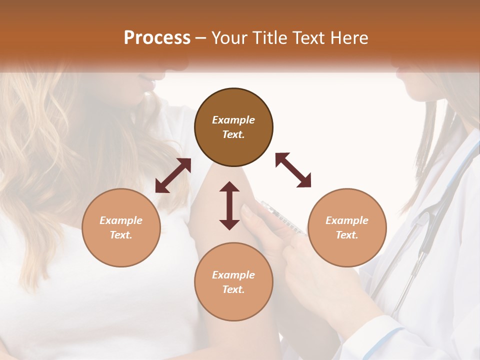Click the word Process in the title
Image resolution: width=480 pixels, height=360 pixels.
[x=157, y=38]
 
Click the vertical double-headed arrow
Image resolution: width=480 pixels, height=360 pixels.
[x=229, y=205]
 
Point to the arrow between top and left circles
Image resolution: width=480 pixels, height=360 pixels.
[x=173, y=175]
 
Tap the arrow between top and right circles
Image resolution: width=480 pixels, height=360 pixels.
[x=293, y=170]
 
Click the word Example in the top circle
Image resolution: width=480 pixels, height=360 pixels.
[x=233, y=120]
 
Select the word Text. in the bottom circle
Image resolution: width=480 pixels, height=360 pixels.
[x=233, y=289]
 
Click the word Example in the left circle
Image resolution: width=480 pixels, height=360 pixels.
[x=121, y=220]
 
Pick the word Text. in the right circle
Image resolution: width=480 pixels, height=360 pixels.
[x=347, y=235]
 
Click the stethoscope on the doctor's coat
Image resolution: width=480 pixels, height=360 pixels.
[x=425, y=225]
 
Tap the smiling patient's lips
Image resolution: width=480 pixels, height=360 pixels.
[x=146, y=81]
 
